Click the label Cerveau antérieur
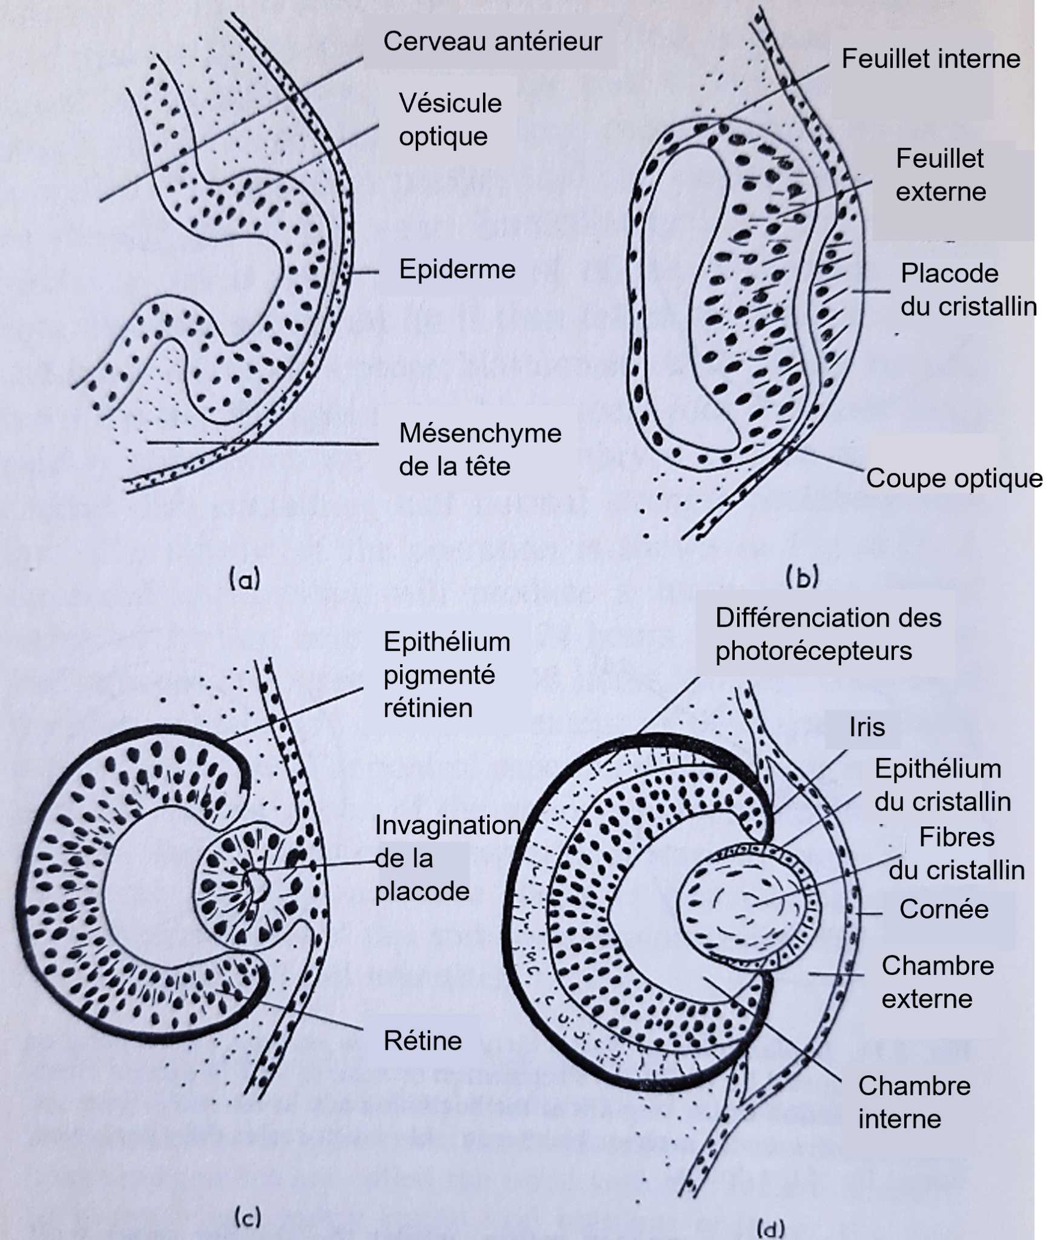(492, 42)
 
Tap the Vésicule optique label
(450, 120)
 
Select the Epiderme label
(457, 269)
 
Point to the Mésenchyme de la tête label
(480, 450)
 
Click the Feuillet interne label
(931, 59)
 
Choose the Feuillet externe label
(941, 175)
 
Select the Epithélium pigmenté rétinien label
(447, 674)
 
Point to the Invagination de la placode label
(447, 858)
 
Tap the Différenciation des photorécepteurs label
(828, 635)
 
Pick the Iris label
(867, 727)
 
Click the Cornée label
(944, 909)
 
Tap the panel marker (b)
(802, 578)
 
